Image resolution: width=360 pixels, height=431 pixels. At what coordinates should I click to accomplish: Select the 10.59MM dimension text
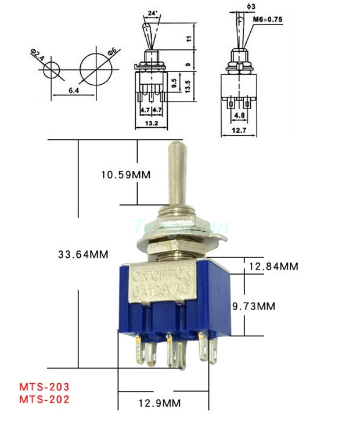click(124, 174)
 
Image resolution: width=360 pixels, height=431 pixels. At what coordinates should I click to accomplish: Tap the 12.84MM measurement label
click(273, 266)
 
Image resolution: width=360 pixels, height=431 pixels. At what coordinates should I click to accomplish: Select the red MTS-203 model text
click(44, 386)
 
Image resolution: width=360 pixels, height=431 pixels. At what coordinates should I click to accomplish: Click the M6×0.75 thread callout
click(269, 19)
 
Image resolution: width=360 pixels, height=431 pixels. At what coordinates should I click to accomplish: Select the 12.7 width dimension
click(238, 130)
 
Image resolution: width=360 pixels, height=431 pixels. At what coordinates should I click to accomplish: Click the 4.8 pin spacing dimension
click(239, 115)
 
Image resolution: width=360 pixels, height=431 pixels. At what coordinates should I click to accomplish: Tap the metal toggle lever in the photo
click(176, 174)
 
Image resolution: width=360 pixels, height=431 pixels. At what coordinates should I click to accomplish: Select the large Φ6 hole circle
click(95, 67)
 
